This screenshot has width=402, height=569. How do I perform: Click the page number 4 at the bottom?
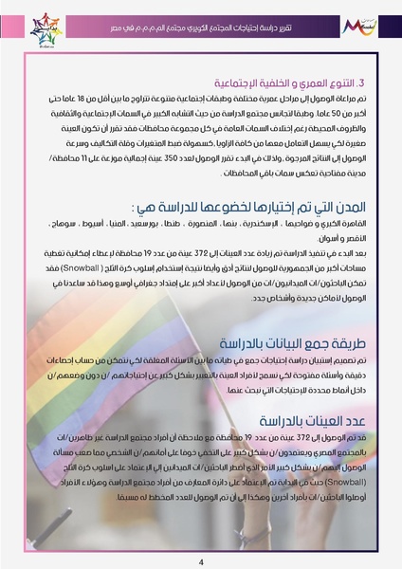coord(201,560)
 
